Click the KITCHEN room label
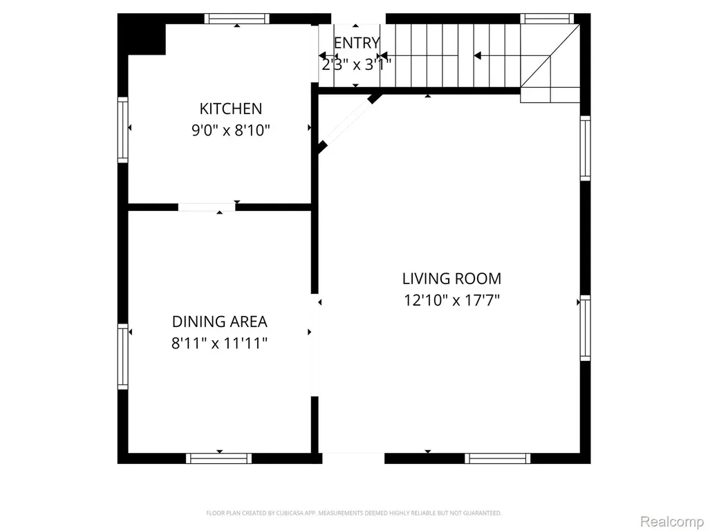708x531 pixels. click(x=230, y=109)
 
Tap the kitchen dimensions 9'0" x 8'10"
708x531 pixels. click(x=231, y=131)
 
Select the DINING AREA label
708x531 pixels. click(x=219, y=322)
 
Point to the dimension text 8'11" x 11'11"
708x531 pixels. click(x=219, y=344)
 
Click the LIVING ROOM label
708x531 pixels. click(x=451, y=279)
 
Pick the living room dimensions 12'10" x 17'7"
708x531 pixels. click(x=451, y=300)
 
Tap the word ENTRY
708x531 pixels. click(x=357, y=43)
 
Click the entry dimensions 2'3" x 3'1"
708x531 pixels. click(x=356, y=65)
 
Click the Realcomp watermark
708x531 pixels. click(x=673, y=521)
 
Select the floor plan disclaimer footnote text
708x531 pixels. click(x=353, y=513)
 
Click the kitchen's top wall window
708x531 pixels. click(x=236, y=19)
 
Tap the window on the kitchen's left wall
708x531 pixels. click(x=123, y=129)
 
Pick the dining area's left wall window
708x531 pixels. click(x=123, y=356)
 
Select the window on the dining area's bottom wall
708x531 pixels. click(x=219, y=458)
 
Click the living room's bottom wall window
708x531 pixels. click(x=498, y=458)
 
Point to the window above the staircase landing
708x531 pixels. click(x=547, y=19)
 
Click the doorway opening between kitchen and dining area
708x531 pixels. click(x=206, y=207)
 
